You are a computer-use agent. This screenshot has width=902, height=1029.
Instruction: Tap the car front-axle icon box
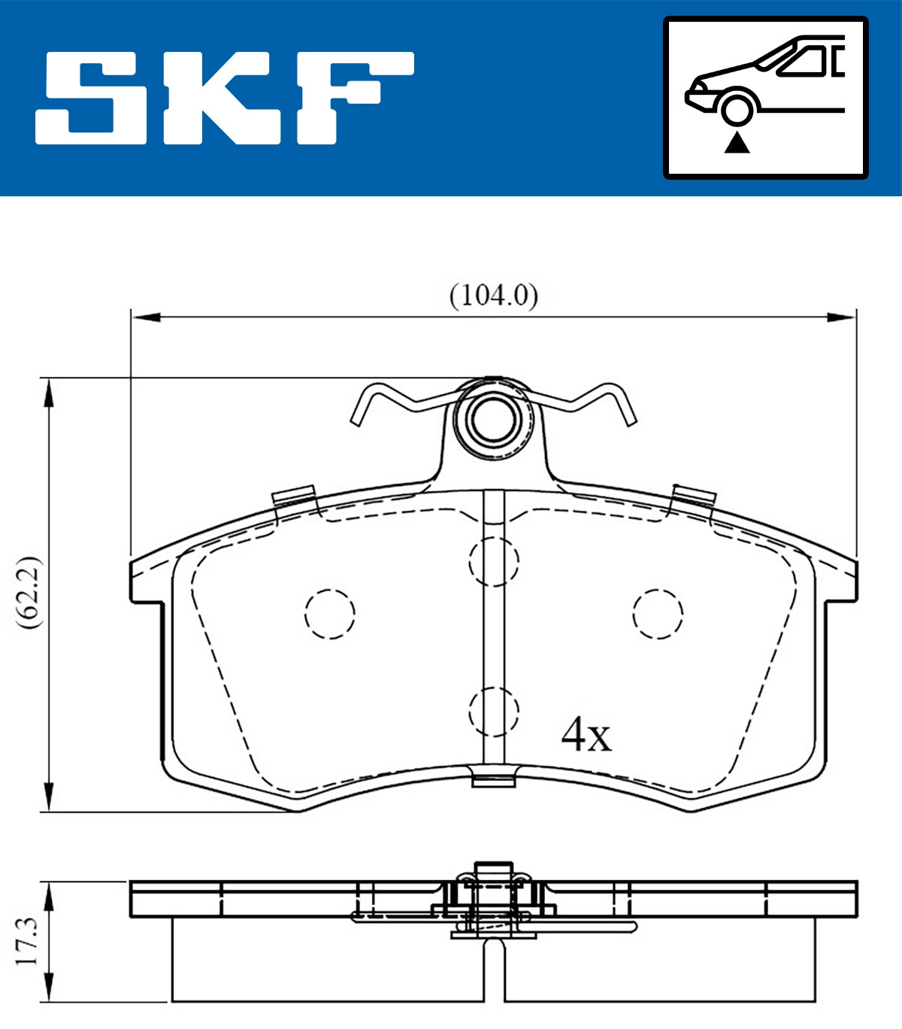765,98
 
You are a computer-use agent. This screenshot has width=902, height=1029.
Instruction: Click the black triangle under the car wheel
737,142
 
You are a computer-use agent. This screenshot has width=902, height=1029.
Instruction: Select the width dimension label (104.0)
494,295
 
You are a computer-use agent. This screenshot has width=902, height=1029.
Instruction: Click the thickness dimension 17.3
26,941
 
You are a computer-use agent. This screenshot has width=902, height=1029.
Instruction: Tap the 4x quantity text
586,734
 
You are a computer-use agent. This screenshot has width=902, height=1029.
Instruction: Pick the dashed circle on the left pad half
330,613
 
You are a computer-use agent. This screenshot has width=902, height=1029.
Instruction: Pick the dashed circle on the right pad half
658,614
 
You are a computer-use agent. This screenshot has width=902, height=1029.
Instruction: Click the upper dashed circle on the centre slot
494,560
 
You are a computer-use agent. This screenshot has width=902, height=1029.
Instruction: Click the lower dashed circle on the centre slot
494,711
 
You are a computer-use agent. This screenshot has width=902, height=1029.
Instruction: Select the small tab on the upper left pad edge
293,496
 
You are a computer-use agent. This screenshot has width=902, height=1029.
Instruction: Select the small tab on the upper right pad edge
694,496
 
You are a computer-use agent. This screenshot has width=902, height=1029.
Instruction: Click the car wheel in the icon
737,108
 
